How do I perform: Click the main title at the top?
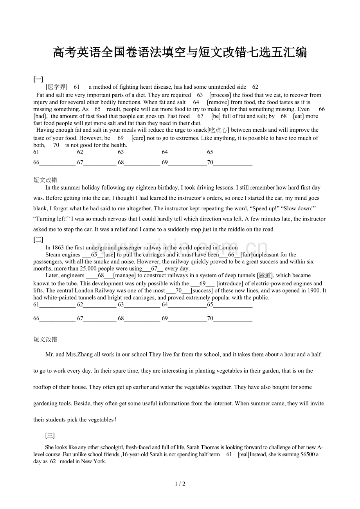[x=180, y=52]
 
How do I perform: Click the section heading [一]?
[x=38, y=79]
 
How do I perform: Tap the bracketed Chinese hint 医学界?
[x=56, y=87]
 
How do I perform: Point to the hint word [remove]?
[x=218, y=102]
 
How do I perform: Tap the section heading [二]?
[x=38, y=240]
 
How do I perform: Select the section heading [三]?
[x=50, y=436]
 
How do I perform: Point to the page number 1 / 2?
[x=180, y=484]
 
